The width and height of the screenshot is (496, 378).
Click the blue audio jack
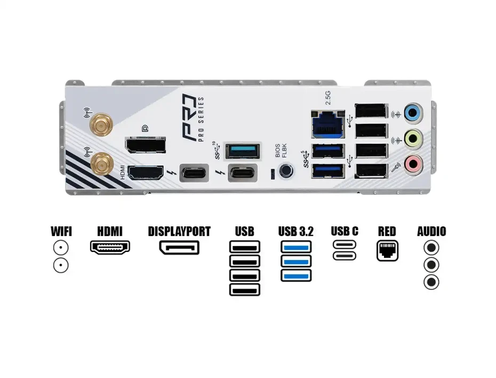coord(413,113)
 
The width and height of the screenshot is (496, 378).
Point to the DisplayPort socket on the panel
coord(145,145)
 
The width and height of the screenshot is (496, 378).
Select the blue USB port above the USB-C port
coord(243,151)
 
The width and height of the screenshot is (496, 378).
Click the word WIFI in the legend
coord(61,232)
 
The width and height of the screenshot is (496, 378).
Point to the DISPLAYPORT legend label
coord(179,232)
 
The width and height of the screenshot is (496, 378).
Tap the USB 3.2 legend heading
coord(295,232)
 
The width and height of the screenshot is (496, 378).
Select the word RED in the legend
coord(387,232)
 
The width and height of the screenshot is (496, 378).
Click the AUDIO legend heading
coord(431,232)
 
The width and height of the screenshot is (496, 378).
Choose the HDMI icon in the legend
coord(110,247)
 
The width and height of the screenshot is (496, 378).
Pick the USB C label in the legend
coord(345,232)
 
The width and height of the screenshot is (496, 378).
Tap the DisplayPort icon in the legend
coord(179,248)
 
